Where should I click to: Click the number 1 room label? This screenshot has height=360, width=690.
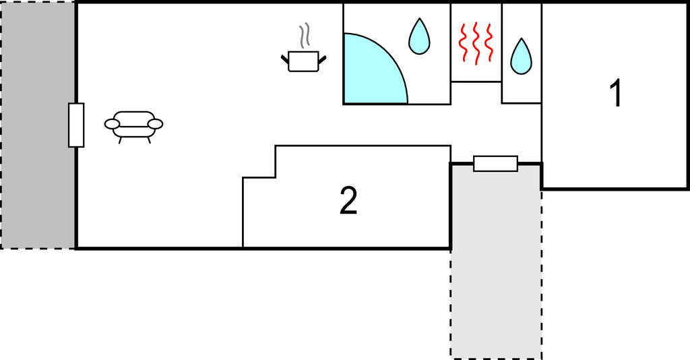615,94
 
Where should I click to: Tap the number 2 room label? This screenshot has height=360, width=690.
348,200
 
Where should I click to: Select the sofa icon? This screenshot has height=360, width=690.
134,124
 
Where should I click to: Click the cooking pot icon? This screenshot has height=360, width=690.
303,61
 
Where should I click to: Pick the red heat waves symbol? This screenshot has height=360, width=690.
476,43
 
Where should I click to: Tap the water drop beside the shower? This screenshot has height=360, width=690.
419,37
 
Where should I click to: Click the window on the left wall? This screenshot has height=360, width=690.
76,125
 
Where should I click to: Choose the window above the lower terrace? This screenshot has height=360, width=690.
495,164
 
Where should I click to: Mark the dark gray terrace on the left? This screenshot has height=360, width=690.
38,125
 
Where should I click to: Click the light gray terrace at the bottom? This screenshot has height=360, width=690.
496,270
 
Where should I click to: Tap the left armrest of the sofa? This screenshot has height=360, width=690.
112,124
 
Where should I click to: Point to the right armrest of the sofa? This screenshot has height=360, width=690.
156,124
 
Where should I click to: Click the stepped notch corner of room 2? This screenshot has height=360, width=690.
276,177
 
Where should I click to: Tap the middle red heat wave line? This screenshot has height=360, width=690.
476,43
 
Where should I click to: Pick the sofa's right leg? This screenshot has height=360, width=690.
149,140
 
